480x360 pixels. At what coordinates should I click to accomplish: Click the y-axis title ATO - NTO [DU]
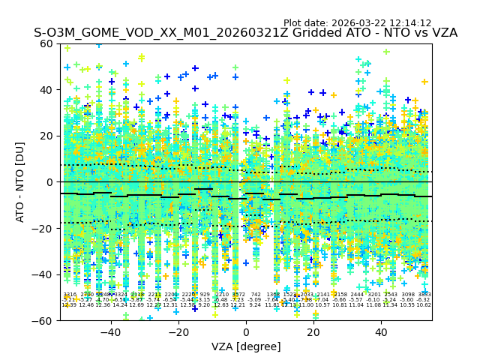tap(21, 181)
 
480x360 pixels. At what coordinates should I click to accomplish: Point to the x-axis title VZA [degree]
tap(246, 346)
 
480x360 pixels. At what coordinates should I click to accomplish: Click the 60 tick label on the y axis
tap(46, 43)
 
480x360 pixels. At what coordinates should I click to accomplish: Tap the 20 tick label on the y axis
tap(46, 136)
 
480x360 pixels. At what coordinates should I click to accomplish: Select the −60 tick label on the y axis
tap(43, 320)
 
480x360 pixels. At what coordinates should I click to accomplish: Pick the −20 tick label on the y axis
tap(43, 228)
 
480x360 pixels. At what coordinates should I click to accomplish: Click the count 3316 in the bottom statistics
tap(70, 295)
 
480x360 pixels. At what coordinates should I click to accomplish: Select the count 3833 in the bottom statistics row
tap(424, 295)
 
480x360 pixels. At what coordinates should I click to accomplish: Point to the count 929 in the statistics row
tap(205, 295)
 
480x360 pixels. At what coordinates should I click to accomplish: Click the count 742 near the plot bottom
tap(256, 295)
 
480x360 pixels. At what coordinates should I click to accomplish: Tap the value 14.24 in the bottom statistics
tap(120, 305)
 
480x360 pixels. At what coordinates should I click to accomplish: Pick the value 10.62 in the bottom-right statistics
tap(424, 305)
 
